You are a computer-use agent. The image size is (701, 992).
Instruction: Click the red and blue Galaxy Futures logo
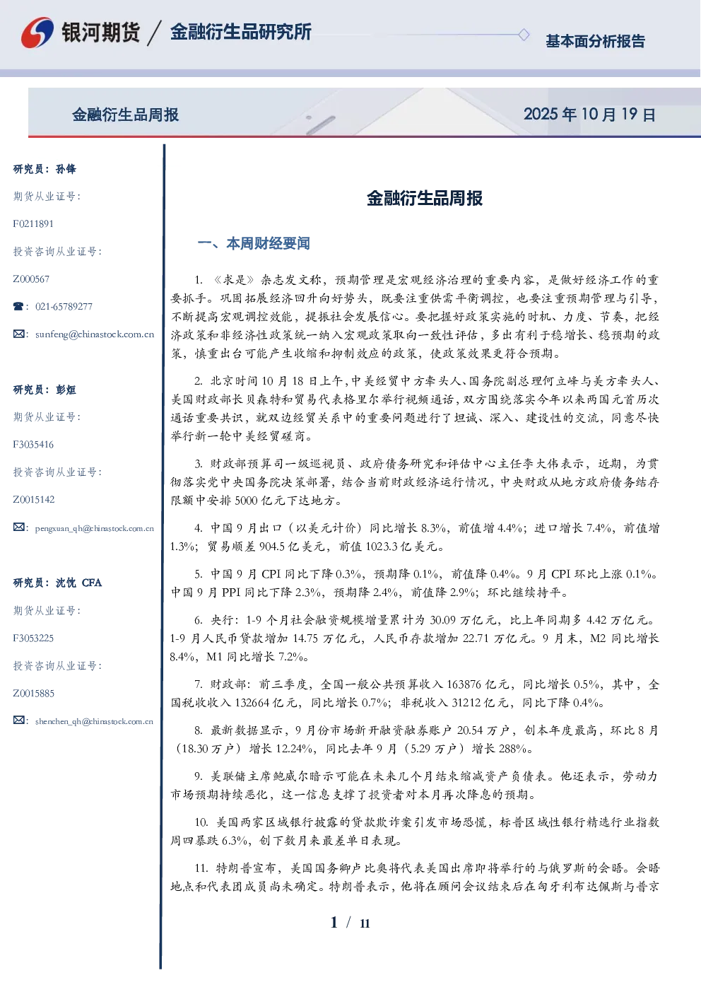[x=37, y=33]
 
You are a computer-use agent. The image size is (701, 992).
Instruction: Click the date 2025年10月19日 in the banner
[x=589, y=115]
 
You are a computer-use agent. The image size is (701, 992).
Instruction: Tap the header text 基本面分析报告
[x=595, y=41]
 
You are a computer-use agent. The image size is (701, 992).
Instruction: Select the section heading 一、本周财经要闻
[x=254, y=243]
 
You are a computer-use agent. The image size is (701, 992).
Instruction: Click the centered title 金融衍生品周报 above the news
[x=425, y=198]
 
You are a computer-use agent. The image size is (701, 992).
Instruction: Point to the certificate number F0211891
[x=33, y=223]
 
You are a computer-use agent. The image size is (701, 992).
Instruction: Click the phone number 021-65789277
[x=64, y=306]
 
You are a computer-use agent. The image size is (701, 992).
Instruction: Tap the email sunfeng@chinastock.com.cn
[x=95, y=334]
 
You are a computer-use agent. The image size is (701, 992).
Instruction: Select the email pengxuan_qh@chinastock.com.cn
[x=94, y=528]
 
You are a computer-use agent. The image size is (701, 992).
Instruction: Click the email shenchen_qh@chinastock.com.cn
[x=94, y=721]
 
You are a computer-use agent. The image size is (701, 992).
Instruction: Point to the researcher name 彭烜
[x=66, y=390]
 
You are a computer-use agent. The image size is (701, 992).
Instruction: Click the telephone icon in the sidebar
[x=18, y=306]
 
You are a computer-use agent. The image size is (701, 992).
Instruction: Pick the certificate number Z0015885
[x=34, y=694]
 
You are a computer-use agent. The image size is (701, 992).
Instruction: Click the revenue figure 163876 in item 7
[x=464, y=684]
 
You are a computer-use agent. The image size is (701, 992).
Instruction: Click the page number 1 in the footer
[x=334, y=923]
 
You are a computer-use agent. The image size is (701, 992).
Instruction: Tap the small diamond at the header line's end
[x=524, y=35]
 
